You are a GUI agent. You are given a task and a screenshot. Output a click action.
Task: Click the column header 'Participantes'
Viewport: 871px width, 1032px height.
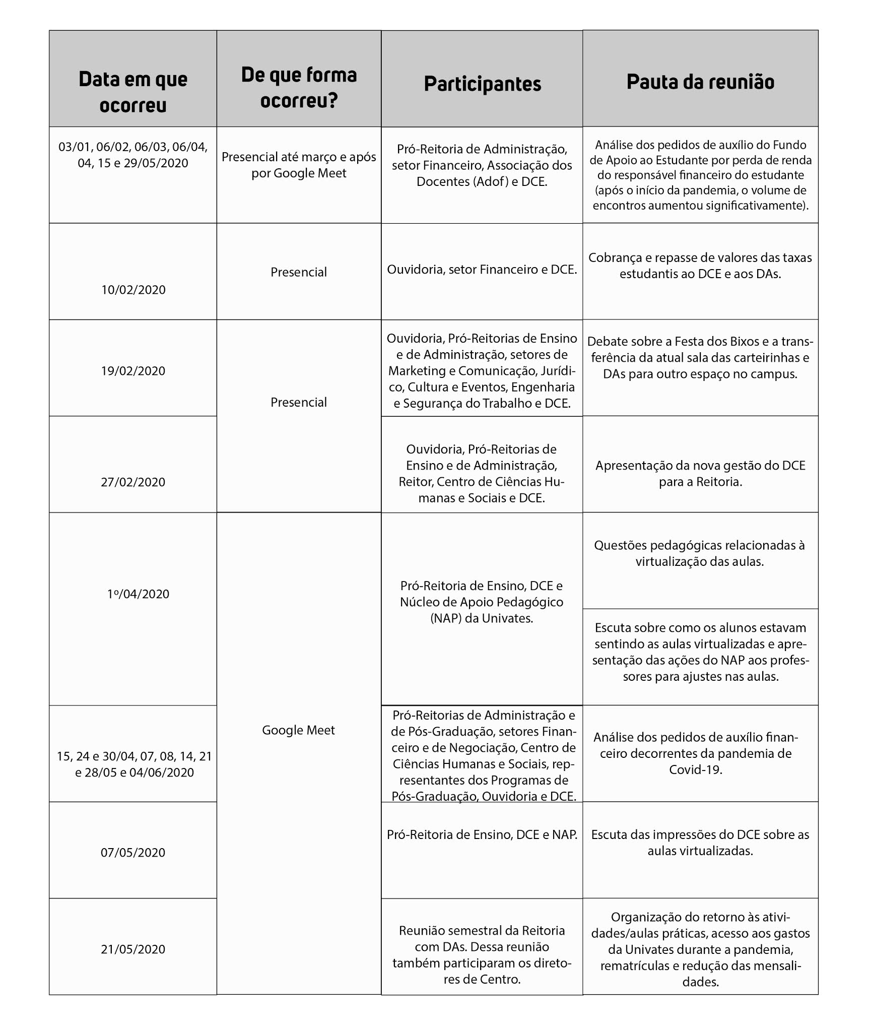[x=482, y=84]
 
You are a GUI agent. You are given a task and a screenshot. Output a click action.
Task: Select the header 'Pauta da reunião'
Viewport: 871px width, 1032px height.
[x=700, y=82]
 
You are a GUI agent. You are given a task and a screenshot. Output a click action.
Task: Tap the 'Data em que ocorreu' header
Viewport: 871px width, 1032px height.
[x=133, y=92]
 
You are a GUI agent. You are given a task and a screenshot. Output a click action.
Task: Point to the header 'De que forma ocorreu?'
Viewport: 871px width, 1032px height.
[x=299, y=88]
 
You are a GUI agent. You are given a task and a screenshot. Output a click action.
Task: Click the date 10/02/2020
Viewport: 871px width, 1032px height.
[x=133, y=290]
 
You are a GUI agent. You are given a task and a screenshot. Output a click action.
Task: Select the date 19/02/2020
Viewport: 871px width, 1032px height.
[x=133, y=371]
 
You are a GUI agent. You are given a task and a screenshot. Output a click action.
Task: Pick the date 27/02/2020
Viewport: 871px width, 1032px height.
[x=133, y=482]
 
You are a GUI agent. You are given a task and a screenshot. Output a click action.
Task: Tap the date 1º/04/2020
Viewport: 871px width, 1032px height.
[x=138, y=594]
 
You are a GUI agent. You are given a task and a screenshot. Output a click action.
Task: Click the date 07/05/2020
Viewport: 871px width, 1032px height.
[x=133, y=852]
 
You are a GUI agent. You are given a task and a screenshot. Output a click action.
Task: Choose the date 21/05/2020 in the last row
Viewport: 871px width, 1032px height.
[x=133, y=949]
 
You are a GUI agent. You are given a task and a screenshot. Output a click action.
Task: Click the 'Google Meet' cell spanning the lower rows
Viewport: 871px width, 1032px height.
[x=298, y=730]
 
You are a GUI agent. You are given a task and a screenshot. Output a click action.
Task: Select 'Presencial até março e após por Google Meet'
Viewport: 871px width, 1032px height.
[x=299, y=165]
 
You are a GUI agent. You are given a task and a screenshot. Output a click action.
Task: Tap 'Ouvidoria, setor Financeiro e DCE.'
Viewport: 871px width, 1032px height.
[x=482, y=270]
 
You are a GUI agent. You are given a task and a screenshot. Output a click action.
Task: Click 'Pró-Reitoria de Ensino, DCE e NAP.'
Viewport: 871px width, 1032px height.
[x=482, y=834]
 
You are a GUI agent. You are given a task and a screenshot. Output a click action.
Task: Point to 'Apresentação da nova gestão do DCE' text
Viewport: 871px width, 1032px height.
[x=700, y=466]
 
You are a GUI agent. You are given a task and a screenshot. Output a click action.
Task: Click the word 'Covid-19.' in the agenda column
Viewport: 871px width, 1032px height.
[x=696, y=769]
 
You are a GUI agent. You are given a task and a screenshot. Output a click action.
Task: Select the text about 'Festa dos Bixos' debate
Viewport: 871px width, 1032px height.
[x=700, y=358]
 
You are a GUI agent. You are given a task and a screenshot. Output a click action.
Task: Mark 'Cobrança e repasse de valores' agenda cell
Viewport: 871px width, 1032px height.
[x=700, y=266]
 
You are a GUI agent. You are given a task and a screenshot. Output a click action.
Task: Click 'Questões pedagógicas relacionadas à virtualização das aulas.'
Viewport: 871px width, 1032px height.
[x=700, y=553]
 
